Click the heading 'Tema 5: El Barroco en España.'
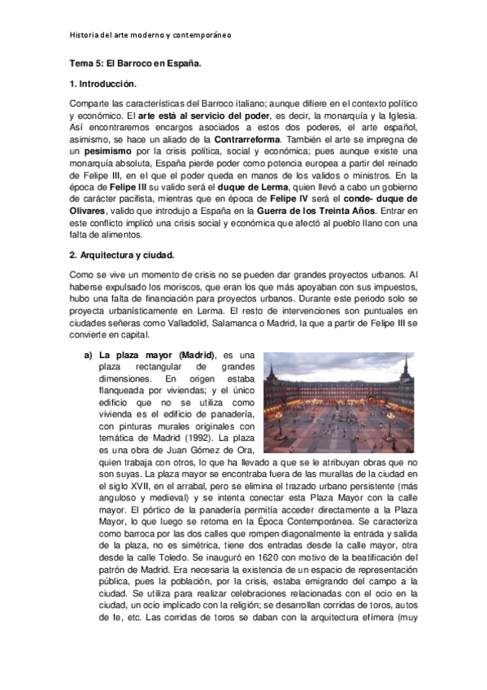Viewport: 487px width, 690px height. click(135, 62)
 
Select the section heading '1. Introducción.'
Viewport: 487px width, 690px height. click(103, 84)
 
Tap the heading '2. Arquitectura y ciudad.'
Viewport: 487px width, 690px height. click(122, 255)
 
